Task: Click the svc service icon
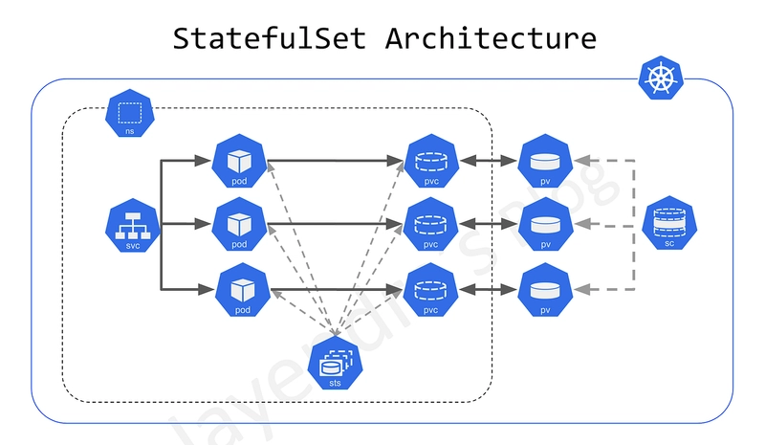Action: (129, 226)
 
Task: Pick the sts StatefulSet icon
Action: (335, 364)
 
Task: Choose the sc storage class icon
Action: (670, 226)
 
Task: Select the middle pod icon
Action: (239, 224)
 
